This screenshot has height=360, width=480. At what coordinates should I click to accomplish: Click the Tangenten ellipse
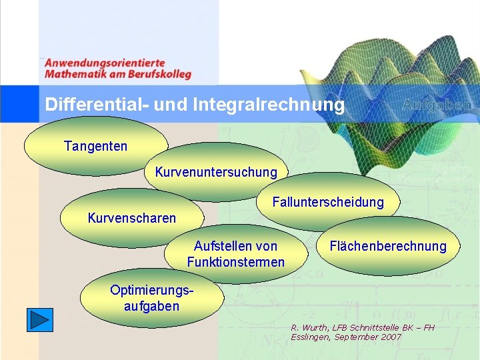[95, 146]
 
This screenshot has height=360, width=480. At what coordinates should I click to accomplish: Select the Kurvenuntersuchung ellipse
[216, 172]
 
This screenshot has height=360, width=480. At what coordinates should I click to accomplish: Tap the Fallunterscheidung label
[328, 202]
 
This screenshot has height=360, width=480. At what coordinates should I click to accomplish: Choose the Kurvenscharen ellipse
[132, 218]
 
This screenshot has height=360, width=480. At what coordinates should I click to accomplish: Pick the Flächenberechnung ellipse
[388, 246]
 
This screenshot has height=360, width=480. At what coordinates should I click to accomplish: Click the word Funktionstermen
[235, 262]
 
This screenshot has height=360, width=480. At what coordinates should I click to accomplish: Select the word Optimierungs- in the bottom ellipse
[151, 291]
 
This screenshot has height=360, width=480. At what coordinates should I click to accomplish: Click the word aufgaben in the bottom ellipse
[151, 306]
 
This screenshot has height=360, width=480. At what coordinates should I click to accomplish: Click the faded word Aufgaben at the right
[437, 105]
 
